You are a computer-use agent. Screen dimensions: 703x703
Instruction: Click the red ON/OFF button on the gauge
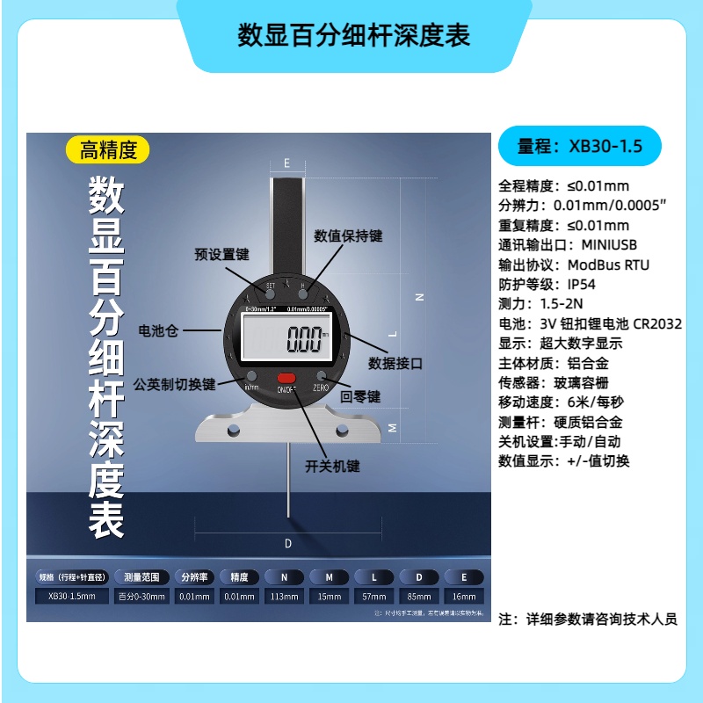pos(286,379)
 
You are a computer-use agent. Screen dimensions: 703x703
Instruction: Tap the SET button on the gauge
pos(270,292)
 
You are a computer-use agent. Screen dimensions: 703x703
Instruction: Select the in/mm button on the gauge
pos(250,380)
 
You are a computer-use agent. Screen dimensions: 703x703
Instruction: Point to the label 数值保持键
pos(349,236)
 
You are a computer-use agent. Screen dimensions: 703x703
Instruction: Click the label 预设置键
pos(221,255)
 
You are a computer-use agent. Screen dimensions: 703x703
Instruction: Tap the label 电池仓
pos(158,330)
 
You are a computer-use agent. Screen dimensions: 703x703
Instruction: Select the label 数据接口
pos(396,362)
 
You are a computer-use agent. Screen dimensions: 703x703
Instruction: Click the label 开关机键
pos(332,466)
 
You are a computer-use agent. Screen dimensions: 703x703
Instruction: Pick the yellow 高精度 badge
pos(108,150)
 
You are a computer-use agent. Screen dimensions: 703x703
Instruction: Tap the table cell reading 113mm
pos(285,597)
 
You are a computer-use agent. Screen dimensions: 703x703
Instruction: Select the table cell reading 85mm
pos(419,597)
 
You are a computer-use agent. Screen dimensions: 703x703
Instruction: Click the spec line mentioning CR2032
pos(590,323)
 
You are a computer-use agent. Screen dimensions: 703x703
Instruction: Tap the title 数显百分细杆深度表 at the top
pos(354,34)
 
